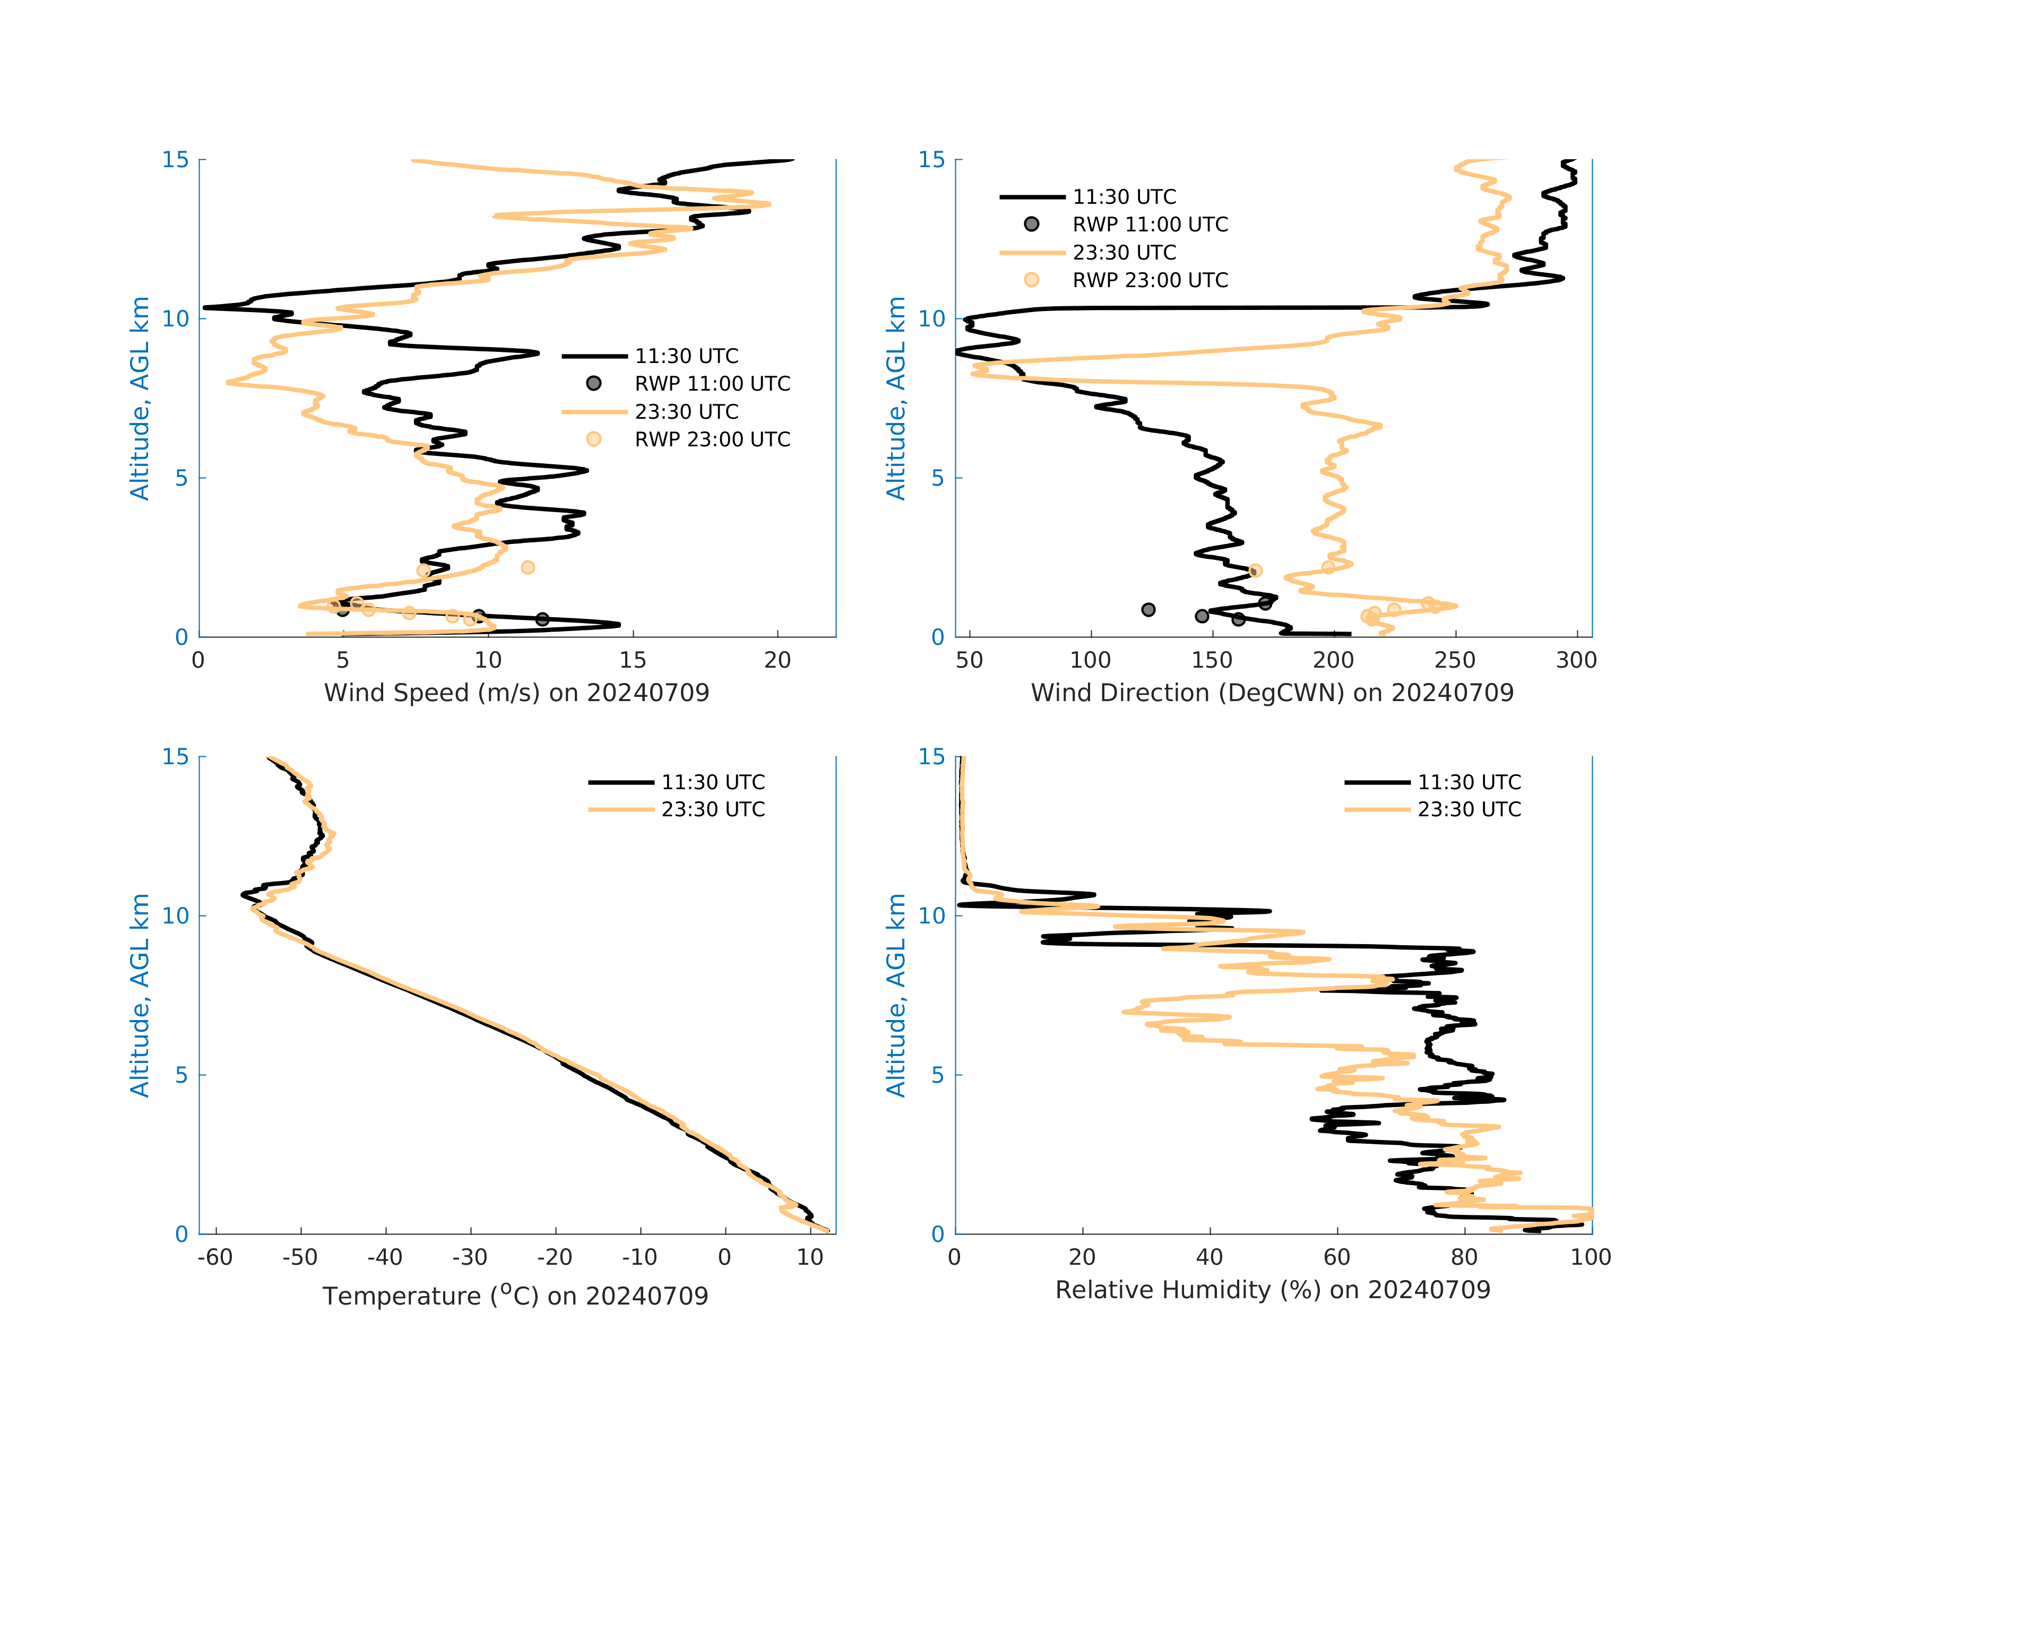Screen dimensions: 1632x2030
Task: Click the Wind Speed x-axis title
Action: pos(516,693)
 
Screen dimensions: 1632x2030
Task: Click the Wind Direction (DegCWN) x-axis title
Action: pos(1272,693)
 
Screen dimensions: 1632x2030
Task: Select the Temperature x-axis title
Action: pos(515,1296)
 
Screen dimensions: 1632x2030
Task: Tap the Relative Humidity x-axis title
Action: pos(1272,1290)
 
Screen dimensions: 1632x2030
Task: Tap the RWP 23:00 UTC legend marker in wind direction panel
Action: pos(1032,280)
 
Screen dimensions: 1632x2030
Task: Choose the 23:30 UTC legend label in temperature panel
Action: pos(713,810)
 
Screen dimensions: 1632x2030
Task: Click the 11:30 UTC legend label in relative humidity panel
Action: pos(1469,783)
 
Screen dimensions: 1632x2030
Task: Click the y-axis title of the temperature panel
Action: pos(140,996)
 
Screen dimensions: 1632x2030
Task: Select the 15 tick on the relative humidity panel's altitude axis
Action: pos(931,757)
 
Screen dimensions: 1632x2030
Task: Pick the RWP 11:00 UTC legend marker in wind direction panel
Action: pos(1032,224)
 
